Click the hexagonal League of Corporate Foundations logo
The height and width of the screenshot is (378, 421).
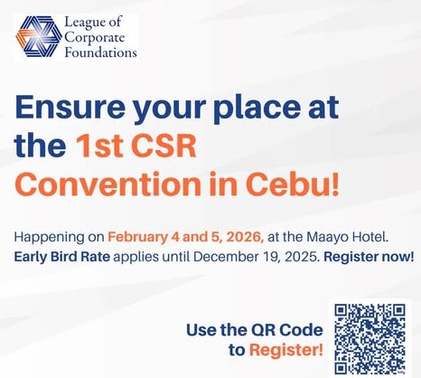(x=38, y=37)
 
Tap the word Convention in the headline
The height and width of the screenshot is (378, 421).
(x=96, y=182)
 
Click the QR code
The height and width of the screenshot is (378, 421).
(x=370, y=337)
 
